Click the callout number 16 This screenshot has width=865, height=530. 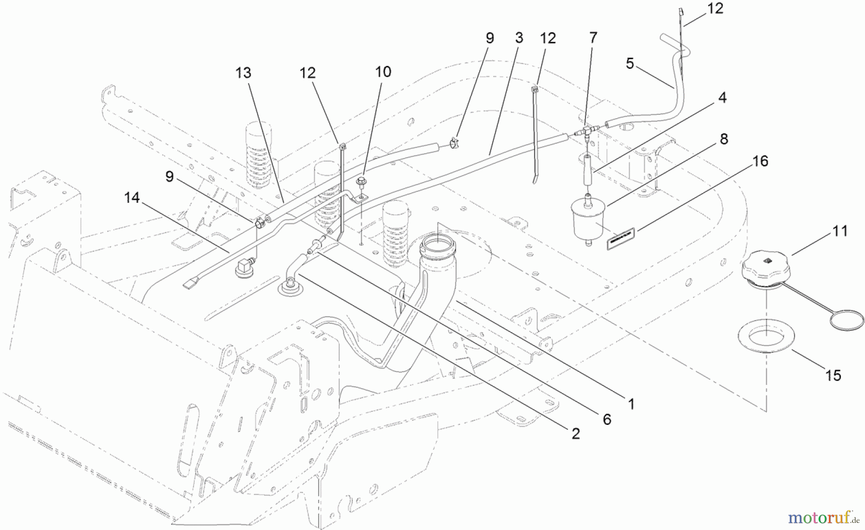click(760, 161)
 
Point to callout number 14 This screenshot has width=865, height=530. click(132, 197)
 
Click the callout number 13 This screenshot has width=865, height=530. click(243, 73)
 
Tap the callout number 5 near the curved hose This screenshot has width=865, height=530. click(630, 63)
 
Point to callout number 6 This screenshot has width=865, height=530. click(607, 419)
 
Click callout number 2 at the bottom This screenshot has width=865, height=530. click(576, 434)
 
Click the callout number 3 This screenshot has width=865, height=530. click(519, 38)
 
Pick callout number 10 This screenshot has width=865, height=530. click(383, 72)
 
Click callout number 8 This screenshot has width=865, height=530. click(724, 139)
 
